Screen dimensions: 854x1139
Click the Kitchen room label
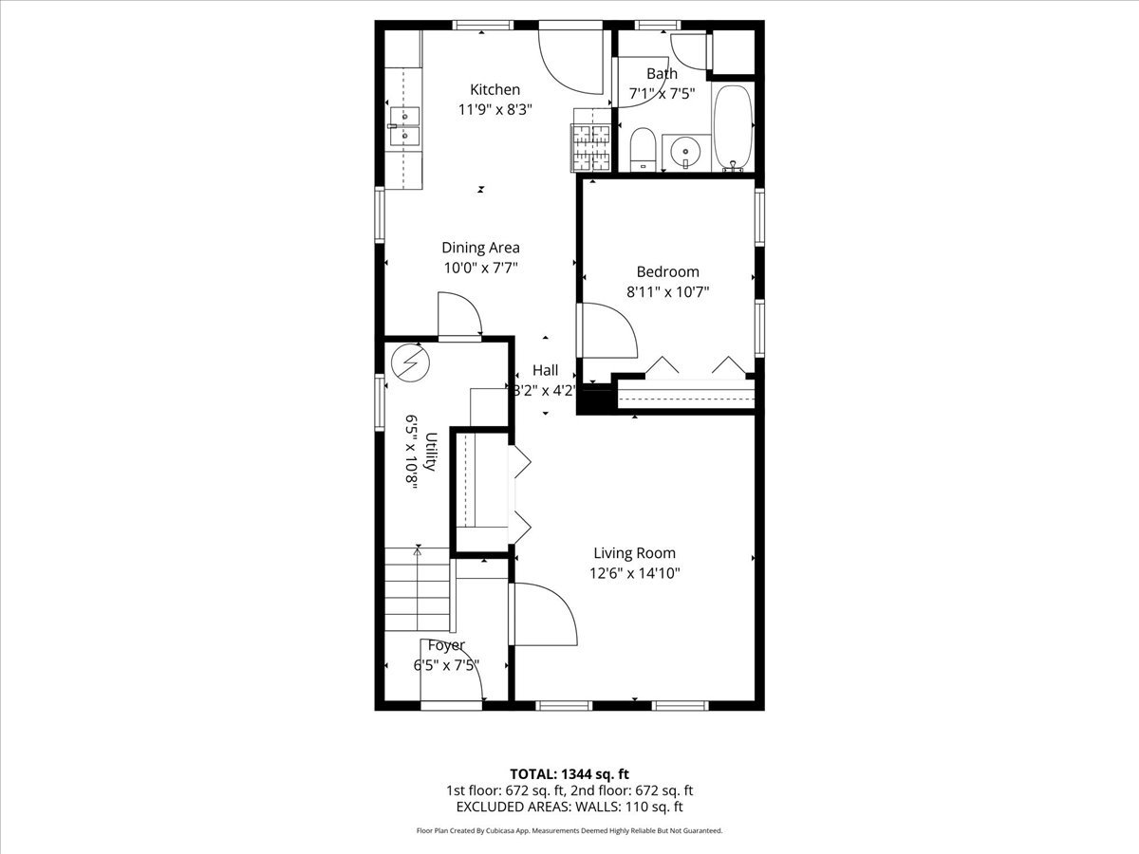click(x=495, y=90)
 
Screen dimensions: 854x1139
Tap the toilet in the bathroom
click(x=643, y=149)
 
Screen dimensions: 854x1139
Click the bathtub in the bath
click(x=732, y=128)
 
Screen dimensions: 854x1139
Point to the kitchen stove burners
click(x=591, y=148)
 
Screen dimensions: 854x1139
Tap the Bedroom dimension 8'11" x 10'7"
click(x=667, y=292)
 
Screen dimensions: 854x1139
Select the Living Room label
click(x=635, y=553)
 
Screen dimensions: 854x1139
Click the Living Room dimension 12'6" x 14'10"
click(x=635, y=573)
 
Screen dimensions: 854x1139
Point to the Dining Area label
click(x=480, y=248)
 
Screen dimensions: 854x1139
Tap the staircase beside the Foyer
click(x=417, y=594)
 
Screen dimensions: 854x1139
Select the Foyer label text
click(x=446, y=646)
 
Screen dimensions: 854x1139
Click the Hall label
click(x=545, y=370)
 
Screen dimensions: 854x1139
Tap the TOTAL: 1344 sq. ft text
click(x=569, y=772)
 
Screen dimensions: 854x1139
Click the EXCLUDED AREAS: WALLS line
click(x=569, y=808)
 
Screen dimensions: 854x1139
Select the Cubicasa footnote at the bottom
click(x=569, y=830)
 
